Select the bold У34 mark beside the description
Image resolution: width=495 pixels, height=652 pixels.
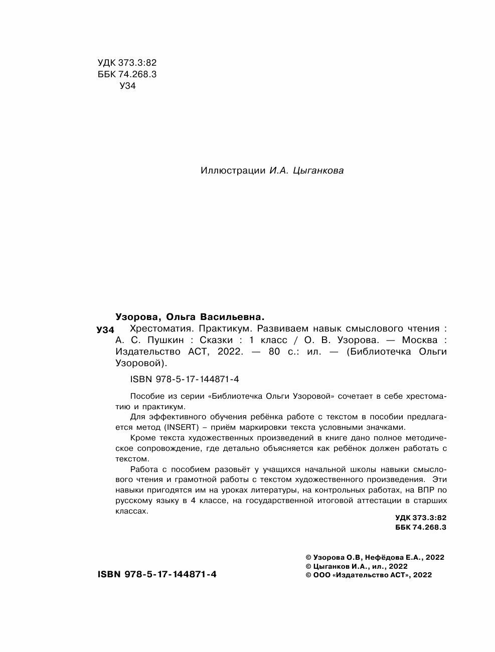(105, 330)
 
